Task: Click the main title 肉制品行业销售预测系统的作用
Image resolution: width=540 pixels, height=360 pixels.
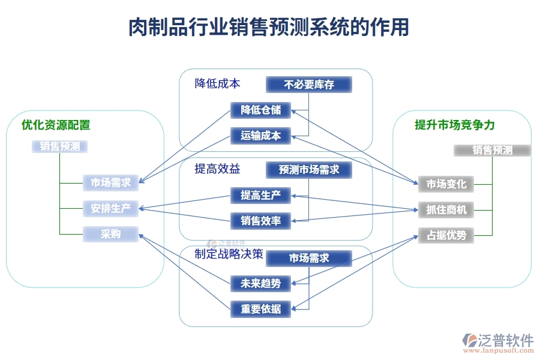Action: click(269, 27)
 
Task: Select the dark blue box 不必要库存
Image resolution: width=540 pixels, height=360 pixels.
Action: click(309, 85)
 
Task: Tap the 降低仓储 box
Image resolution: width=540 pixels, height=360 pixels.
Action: click(261, 110)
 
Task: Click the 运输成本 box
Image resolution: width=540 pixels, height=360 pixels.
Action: click(261, 136)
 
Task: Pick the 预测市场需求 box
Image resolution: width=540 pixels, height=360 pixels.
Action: click(309, 170)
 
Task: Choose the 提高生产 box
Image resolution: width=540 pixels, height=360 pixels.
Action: click(261, 195)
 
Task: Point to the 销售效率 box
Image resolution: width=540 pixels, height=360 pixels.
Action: click(261, 221)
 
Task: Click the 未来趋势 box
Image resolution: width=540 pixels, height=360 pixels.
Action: click(261, 283)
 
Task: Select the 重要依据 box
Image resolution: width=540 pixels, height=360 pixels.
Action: click(261, 309)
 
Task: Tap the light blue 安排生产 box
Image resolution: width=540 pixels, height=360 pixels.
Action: click(111, 209)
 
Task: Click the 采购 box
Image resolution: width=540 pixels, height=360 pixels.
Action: click(111, 234)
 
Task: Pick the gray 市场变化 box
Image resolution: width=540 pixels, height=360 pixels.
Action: click(446, 184)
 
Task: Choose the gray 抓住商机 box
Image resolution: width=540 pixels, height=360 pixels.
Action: click(446, 209)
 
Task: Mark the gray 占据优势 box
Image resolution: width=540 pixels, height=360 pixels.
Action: click(446, 235)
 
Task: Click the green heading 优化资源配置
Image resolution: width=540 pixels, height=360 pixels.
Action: click(56, 125)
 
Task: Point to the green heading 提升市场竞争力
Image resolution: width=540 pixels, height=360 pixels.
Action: click(455, 125)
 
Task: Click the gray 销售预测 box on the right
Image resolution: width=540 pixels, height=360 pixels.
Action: click(492, 150)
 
